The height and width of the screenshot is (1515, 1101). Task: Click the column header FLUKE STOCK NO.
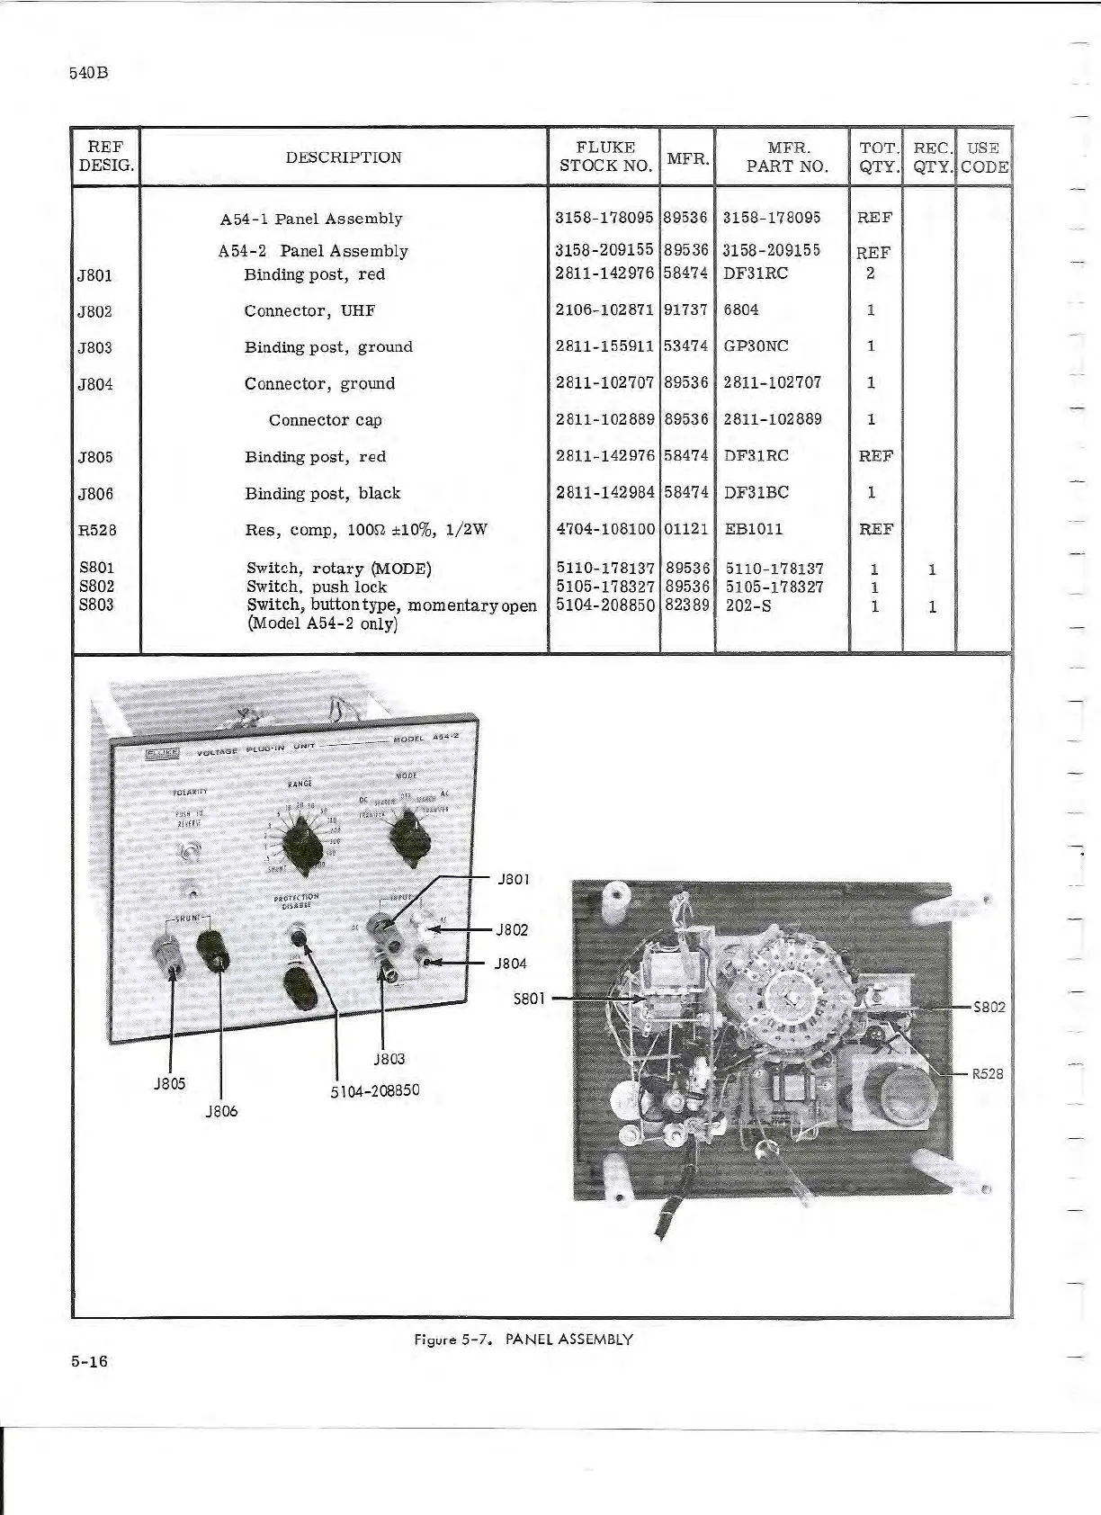click(x=604, y=157)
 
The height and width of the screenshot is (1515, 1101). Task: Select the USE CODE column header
click(x=984, y=157)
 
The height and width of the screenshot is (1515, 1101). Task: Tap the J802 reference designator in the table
click(x=94, y=311)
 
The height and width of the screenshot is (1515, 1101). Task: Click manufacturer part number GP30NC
click(x=756, y=346)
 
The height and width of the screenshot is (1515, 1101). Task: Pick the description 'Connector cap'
click(x=325, y=420)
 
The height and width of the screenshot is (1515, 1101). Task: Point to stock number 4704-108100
click(x=605, y=530)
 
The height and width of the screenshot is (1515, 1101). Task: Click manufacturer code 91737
click(x=685, y=310)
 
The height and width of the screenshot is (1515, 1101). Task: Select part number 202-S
click(x=747, y=606)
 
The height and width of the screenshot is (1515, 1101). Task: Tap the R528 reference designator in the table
click(x=96, y=530)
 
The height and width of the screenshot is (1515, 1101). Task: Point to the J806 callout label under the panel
click(x=221, y=1111)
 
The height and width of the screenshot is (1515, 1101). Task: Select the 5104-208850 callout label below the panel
click(x=375, y=1091)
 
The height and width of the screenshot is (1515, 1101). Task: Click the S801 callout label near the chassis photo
click(x=530, y=998)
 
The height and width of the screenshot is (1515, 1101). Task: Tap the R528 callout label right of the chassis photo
click(x=988, y=1074)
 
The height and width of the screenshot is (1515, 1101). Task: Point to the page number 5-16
click(x=89, y=1361)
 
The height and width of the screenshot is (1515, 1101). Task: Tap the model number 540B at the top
click(x=88, y=73)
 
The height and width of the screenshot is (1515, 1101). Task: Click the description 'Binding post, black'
click(x=322, y=493)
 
